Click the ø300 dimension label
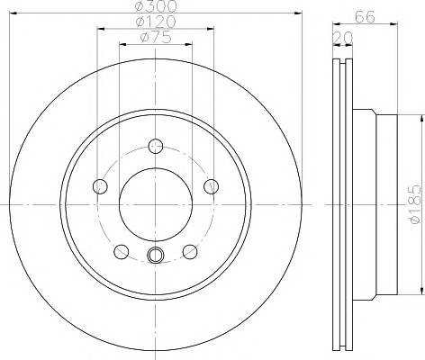[x=156, y=6]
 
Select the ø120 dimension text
[x=156, y=22]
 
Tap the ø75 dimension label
[x=156, y=37]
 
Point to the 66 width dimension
[x=365, y=17]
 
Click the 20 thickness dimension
[x=343, y=38]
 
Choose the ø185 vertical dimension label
[x=416, y=204]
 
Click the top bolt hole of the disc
[x=156, y=147]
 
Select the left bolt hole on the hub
[x=100, y=186]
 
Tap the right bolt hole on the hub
[x=212, y=186]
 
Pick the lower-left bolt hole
[x=122, y=252]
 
